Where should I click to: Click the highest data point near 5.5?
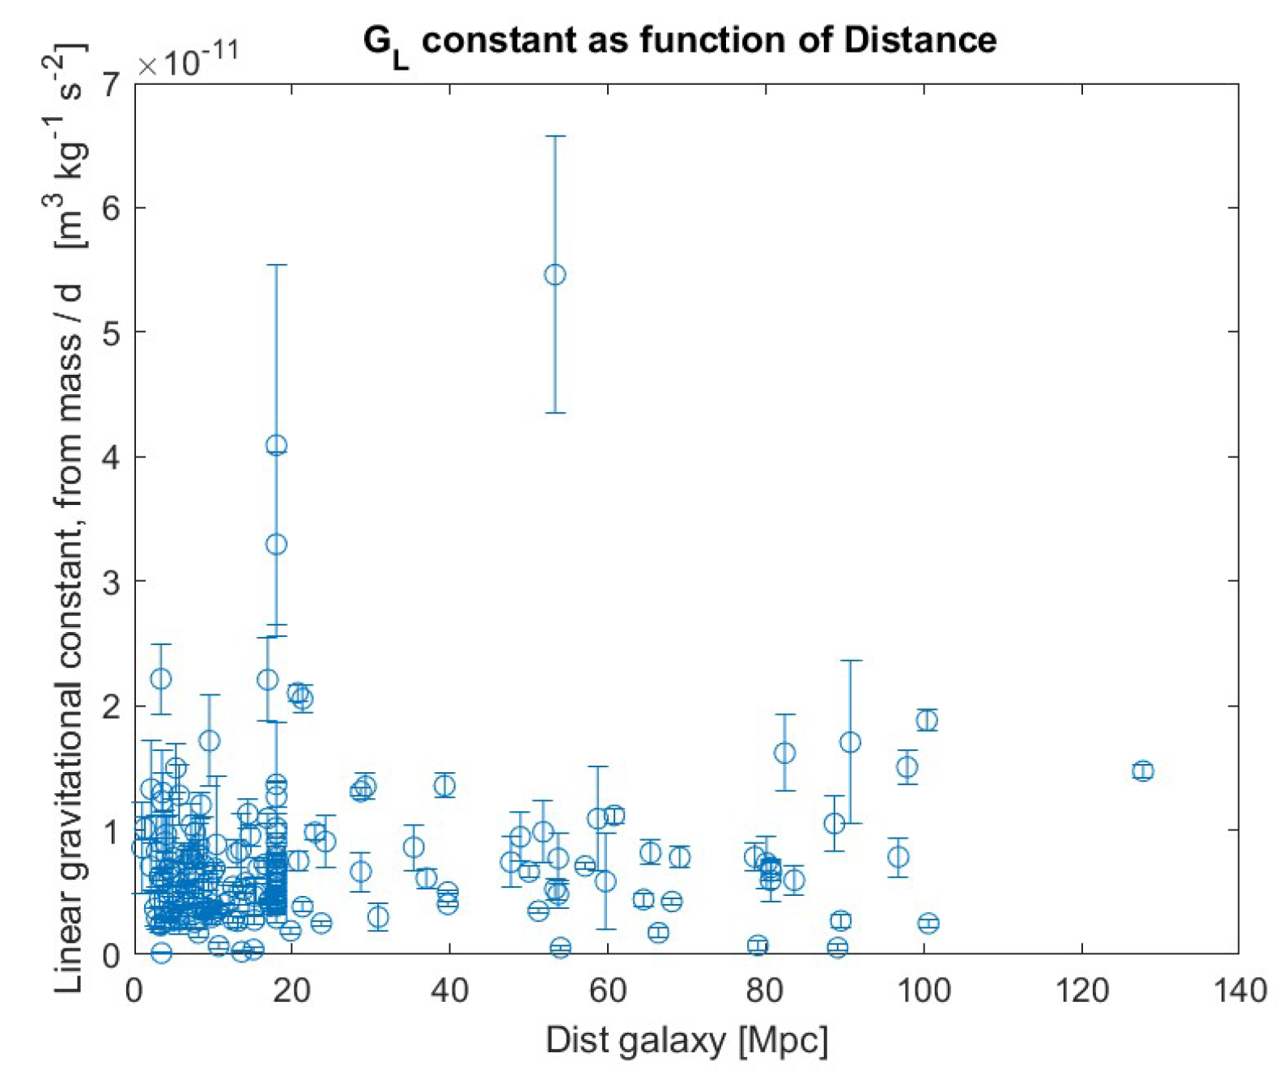[x=554, y=275]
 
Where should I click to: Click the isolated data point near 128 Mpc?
[x=1142, y=770]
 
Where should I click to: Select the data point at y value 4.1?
[x=276, y=445]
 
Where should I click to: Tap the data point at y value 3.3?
[x=276, y=545]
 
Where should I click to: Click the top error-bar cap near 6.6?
[x=554, y=137]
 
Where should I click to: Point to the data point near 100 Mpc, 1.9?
[x=927, y=720]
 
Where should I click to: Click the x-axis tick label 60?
[x=607, y=991]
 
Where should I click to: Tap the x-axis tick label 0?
[x=134, y=991]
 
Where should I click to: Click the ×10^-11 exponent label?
[x=188, y=60]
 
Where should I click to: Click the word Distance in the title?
[x=920, y=40]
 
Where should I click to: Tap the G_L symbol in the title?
[x=385, y=45]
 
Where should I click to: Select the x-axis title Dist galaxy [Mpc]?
[x=686, y=1040]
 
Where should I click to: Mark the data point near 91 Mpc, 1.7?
[x=850, y=742]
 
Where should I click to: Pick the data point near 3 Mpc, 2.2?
[x=161, y=678]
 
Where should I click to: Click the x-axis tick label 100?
[x=924, y=991]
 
